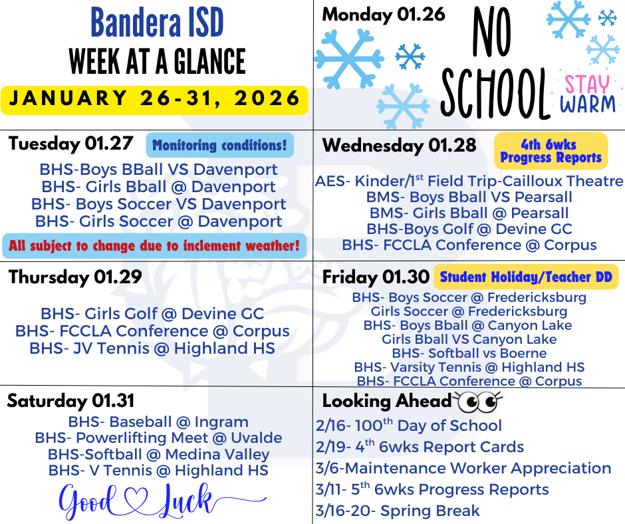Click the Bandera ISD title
157,23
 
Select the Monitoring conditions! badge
219,145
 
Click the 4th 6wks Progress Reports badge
551,151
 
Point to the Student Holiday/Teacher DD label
526,277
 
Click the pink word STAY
587,84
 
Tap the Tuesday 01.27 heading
71,144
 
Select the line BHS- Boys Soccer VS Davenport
159,204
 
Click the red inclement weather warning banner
154,245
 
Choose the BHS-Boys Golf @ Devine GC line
469,229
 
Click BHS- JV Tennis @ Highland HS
152,348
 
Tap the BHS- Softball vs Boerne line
469,353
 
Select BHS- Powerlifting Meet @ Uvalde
158,438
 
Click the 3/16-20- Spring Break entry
398,511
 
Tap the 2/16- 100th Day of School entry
408,426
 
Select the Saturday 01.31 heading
70,401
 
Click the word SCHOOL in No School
494,94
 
